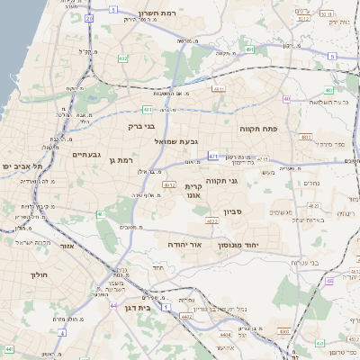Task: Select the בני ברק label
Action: (x=142, y=127)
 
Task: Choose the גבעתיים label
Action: (x=78, y=154)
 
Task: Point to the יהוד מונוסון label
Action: (x=264, y=245)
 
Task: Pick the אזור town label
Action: (x=66, y=245)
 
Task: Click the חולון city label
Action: (x=38, y=274)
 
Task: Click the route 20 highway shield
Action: (x=89, y=17)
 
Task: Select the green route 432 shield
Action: (x=121, y=58)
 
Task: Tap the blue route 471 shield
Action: (x=213, y=157)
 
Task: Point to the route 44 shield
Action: (x=113, y=305)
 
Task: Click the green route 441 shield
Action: (x=9, y=347)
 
